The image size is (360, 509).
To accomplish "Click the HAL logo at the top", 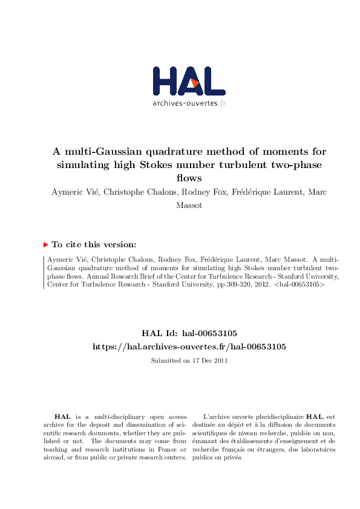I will pos(189,81).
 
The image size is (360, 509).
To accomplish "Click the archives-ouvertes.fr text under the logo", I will pos(189,103).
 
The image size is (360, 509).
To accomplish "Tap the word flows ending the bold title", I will pos(188,178).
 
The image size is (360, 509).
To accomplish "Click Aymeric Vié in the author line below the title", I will pos(72,193).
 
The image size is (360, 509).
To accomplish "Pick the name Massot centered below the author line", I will pos(188,205).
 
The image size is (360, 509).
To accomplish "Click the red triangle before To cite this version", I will pos(45,245).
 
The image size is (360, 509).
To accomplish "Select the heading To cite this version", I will pos(94,245).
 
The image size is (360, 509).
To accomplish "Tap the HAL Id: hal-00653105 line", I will pos(188,333).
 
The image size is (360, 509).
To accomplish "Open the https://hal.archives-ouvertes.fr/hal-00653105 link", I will pos(188,346).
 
